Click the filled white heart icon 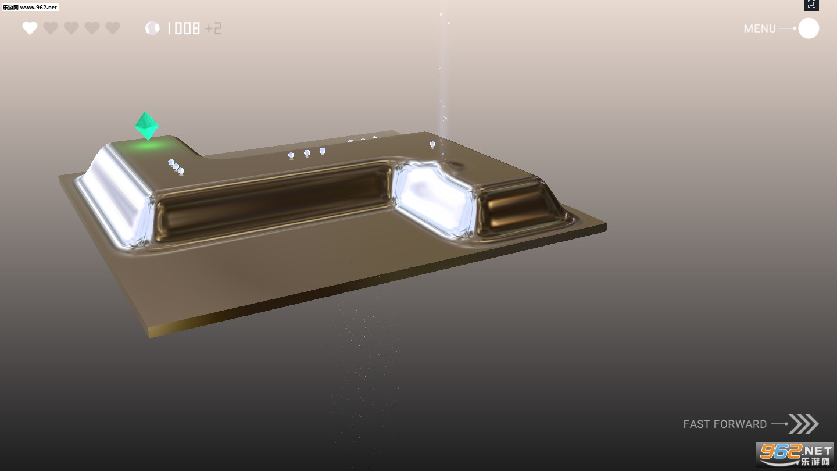pos(30,28)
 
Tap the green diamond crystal pos(146,126)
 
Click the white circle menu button pos(809,28)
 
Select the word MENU pos(760,29)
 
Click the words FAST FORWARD pos(724,424)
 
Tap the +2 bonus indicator pos(213,28)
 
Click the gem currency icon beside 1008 pos(152,28)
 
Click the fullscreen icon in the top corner pos(811,5)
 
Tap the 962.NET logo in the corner pos(795,454)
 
